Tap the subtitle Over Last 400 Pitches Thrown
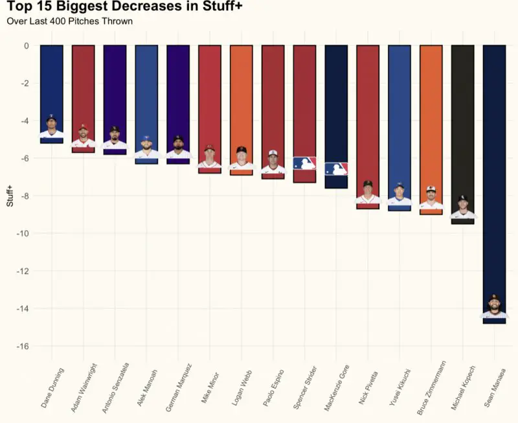[69, 21]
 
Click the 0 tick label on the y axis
[26, 45]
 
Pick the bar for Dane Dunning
[52, 84]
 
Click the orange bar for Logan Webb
[242, 97]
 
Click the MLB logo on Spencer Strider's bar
[304, 163]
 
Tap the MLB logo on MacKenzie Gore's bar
[336, 169]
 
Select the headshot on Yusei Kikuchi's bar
[400, 194]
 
